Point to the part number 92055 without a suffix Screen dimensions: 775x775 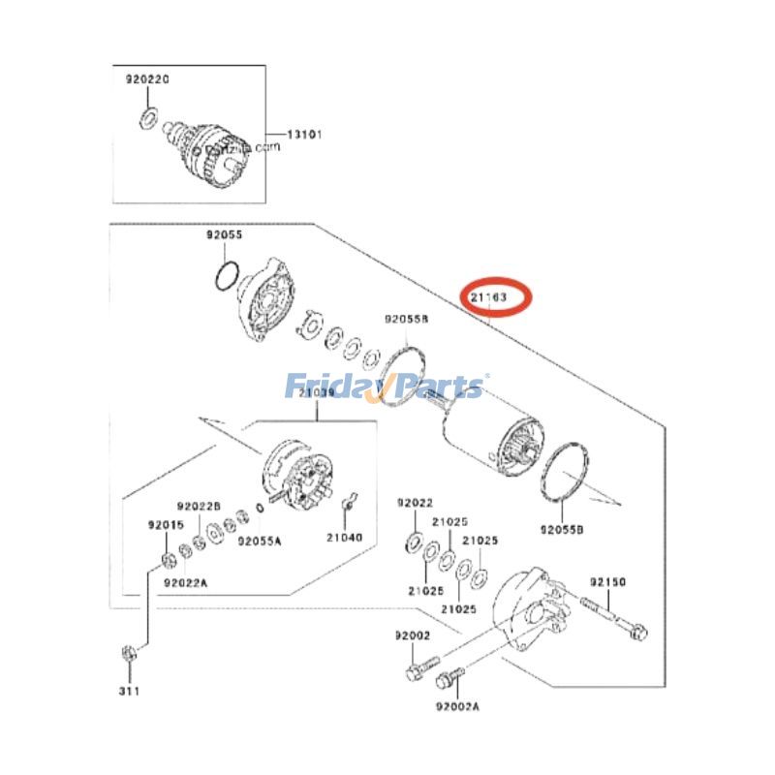tap(224, 235)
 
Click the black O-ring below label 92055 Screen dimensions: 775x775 tap(225, 277)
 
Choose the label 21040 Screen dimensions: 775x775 tap(344, 537)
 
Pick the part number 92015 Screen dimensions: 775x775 tap(165, 524)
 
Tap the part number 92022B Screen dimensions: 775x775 tap(199, 507)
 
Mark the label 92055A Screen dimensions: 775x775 tap(260, 541)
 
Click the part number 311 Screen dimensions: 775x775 tap(129, 691)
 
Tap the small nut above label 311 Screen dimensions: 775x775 tap(128, 651)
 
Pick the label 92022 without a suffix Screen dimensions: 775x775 tap(414, 504)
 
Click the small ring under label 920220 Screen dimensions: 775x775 tap(148, 117)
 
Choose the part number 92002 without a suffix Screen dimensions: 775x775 tap(412, 635)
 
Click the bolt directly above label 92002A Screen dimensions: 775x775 tap(448, 677)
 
